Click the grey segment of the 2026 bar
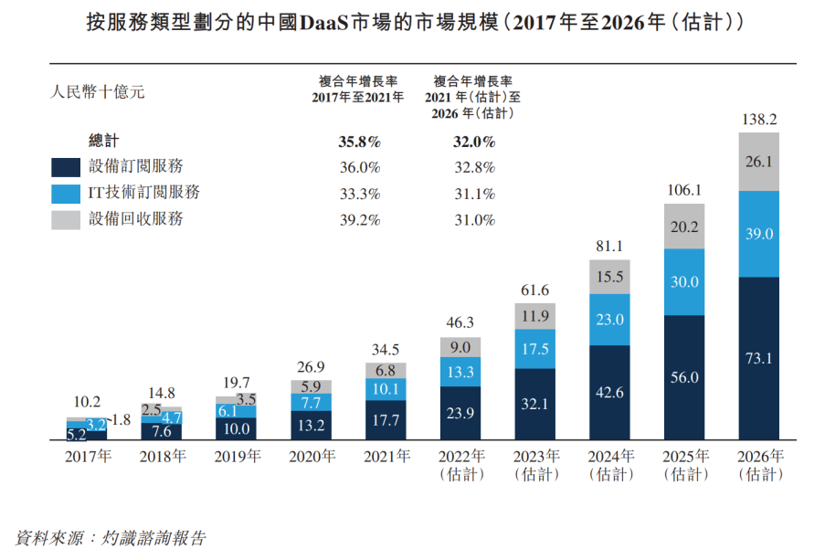coord(758,162)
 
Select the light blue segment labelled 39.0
coord(758,234)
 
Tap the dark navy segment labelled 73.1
coord(758,358)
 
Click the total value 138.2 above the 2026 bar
coord(758,120)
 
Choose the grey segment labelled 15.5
coord(608,276)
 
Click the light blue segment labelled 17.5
coord(534,349)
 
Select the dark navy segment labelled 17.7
coord(385,420)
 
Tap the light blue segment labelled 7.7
coord(311,402)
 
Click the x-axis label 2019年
coord(236,457)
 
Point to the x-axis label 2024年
coord(608,457)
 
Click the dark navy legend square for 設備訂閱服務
coord(66,167)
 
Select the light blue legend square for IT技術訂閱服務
coord(66,194)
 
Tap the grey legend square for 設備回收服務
coord(66,220)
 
